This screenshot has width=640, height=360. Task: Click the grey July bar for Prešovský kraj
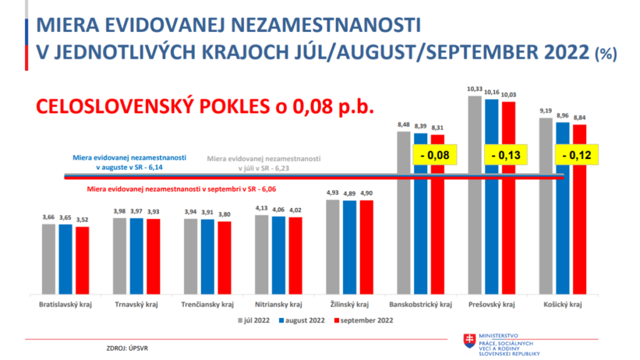[x=475, y=195]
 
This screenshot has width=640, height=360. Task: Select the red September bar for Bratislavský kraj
[x=82, y=260]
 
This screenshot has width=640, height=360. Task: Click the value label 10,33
[x=475, y=89]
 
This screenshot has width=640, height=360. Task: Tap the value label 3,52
[x=82, y=220]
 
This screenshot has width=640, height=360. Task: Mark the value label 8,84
[x=578, y=117]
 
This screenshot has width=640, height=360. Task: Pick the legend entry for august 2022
[x=305, y=320]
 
